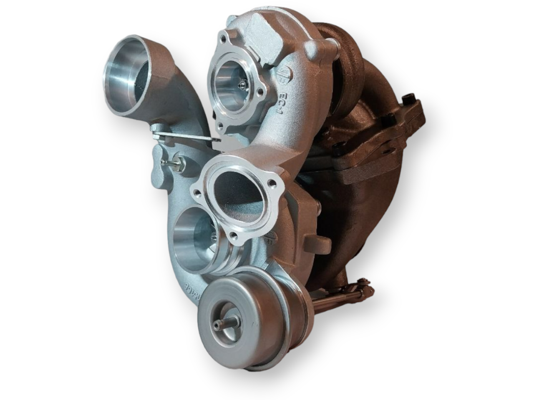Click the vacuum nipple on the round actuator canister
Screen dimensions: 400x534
pos(220,325)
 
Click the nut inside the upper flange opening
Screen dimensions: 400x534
pos(241,85)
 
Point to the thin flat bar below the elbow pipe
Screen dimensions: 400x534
pos(184,136)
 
